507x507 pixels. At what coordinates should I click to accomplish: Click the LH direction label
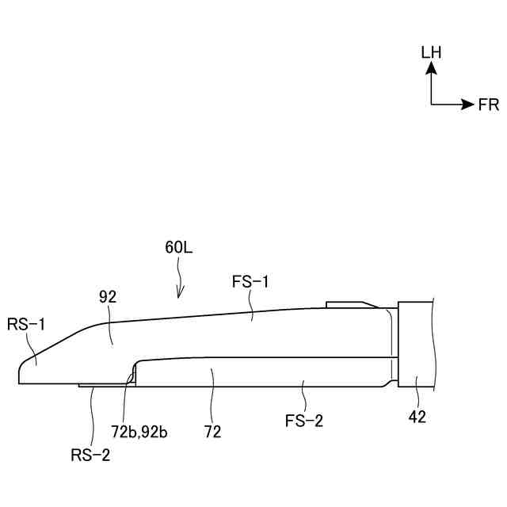(432, 52)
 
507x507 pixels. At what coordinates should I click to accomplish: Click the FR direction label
(489, 105)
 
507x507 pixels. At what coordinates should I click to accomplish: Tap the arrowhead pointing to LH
(432, 69)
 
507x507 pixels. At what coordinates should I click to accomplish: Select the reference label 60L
(179, 246)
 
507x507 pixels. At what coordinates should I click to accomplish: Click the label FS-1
(250, 281)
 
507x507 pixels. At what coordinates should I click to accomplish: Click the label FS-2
(304, 421)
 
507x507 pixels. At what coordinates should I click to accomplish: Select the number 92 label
(108, 298)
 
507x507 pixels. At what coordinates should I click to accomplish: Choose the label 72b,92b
(139, 432)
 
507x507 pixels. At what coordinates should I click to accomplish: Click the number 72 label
(212, 432)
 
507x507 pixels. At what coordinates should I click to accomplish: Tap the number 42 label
(417, 417)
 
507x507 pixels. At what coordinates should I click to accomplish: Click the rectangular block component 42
(416, 345)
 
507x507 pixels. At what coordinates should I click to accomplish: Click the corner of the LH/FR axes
(432, 105)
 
